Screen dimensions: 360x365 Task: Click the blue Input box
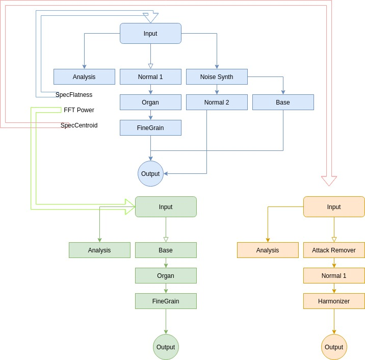(150, 34)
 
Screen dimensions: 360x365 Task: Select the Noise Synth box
(217, 77)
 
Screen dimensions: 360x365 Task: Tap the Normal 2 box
(217, 102)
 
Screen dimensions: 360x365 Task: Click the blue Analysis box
(84, 77)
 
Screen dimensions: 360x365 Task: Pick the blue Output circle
(150, 174)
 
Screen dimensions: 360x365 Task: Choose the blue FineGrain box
(150, 128)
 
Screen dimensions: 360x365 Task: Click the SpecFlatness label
(74, 95)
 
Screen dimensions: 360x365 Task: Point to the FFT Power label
(79, 110)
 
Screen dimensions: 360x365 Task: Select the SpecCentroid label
(79, 125)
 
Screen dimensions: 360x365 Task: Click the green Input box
(166, 207)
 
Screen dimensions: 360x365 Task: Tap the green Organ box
(166, 276)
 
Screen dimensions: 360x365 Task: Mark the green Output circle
(166, 347)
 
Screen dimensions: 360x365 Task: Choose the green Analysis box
(99, 250)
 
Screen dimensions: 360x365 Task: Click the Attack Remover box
(334, 250)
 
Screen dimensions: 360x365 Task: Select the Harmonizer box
(334, 301)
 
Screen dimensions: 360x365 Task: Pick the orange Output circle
(334, 347)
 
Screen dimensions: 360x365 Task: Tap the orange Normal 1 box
(334, 276)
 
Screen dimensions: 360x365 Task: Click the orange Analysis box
(268, 250)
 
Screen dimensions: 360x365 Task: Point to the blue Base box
(283, 102)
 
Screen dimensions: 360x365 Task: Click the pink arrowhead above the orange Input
(329, 181)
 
